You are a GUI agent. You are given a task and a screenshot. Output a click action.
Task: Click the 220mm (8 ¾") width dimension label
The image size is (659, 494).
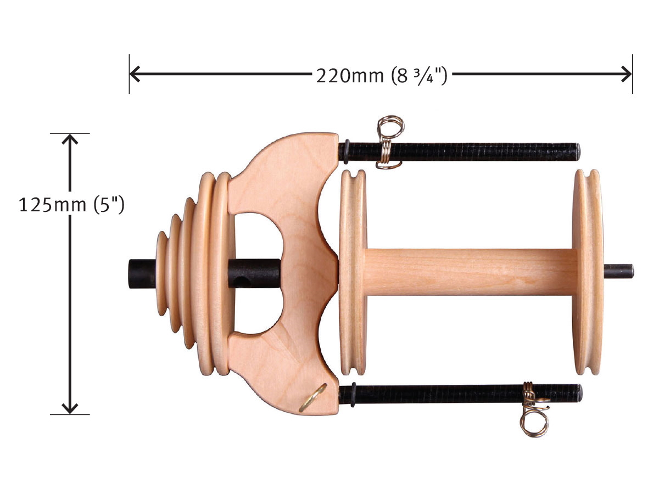[x=382, y=76]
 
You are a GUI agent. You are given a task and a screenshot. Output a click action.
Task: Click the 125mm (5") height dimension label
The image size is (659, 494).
[x=71, y=205]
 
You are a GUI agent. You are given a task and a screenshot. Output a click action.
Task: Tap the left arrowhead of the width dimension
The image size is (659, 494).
[x=135, y=74]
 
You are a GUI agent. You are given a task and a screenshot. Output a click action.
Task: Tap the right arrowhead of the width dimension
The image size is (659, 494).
[x=626, y=74]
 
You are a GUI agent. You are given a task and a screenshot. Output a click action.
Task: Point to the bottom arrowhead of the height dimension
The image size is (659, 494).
[x=70, y=408]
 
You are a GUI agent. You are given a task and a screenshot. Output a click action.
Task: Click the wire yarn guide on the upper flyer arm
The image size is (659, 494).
[x=389, y=142]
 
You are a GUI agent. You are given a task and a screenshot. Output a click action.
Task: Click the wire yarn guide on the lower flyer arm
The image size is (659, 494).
[x=535, y=409]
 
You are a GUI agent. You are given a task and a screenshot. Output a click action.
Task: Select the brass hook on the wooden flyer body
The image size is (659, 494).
[x=312, y=398]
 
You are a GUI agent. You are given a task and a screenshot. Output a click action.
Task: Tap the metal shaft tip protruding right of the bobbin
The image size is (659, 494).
[x=619, y=271]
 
